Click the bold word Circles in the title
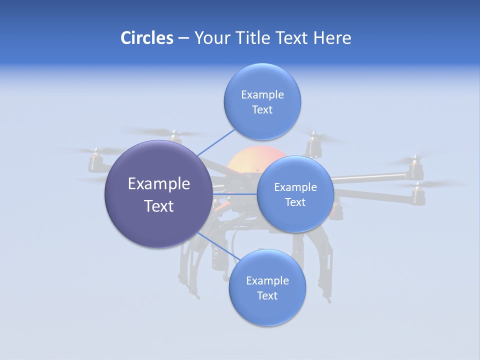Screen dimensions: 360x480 (146, 38)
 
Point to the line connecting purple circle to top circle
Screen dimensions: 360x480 (216, 142)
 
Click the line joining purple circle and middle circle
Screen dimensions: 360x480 (234, 194)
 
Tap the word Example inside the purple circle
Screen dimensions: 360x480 (159, 184)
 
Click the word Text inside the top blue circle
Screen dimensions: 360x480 (262, 109)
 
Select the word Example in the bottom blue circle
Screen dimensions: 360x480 (267, 280)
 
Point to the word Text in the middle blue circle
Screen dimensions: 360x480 (295, 202)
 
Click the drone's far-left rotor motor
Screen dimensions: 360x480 (95, 161)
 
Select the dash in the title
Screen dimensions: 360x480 (183, 38)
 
